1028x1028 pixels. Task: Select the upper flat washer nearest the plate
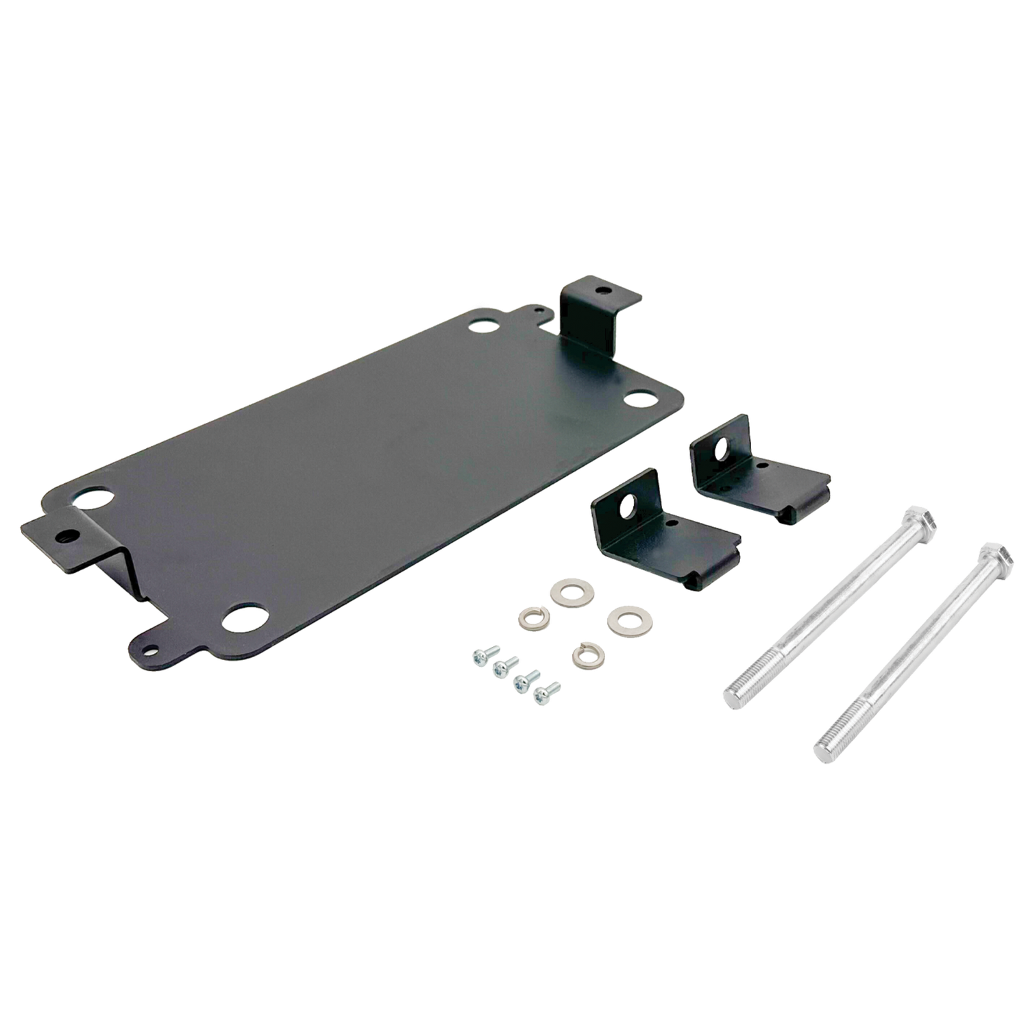pyautogui.click(x=567, y=589)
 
